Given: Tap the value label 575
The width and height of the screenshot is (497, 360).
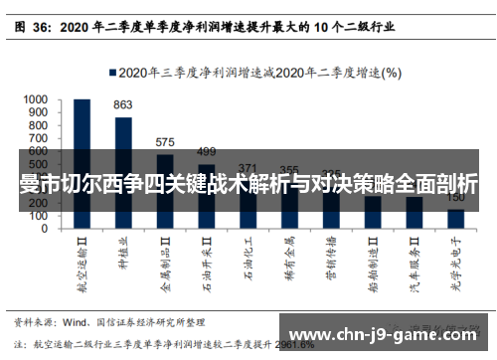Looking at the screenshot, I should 165,142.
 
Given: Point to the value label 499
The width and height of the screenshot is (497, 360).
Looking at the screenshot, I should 206,151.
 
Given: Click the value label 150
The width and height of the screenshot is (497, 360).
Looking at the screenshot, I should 456,198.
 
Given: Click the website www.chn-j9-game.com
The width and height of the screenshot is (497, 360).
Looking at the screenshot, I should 387,334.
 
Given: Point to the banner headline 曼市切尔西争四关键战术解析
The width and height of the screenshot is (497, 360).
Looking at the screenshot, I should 248,185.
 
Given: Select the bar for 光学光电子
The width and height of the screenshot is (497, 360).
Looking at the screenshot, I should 456,216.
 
